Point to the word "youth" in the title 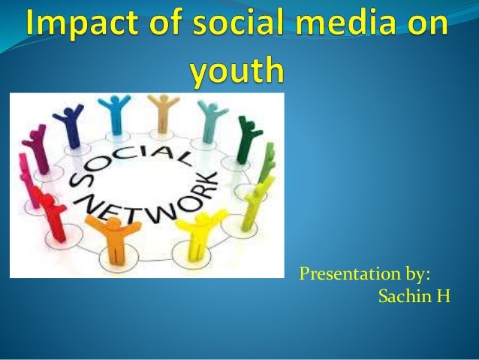236,71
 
